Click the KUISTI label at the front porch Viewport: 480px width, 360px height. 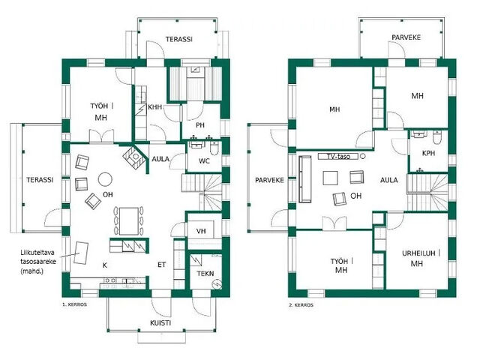(160, 322)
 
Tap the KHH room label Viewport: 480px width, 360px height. (155, 107)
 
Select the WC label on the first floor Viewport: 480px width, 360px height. (204, 160)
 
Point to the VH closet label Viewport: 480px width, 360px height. (200, 231)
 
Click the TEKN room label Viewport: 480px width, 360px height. (205, 274)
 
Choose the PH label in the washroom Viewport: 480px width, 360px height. (200, 125)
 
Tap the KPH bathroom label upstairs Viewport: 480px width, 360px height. (428, 154)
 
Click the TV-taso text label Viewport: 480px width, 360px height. (334, 157)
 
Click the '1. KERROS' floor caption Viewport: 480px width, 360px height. (76, 306)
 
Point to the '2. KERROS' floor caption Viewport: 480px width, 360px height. (301, 306)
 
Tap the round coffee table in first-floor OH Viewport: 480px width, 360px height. (106, 178)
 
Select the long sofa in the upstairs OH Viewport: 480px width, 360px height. (305, 181)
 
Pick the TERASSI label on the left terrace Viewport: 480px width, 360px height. (37, 181)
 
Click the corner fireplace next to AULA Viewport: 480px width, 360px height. (134, 156)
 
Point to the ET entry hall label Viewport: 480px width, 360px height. (160, 265)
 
